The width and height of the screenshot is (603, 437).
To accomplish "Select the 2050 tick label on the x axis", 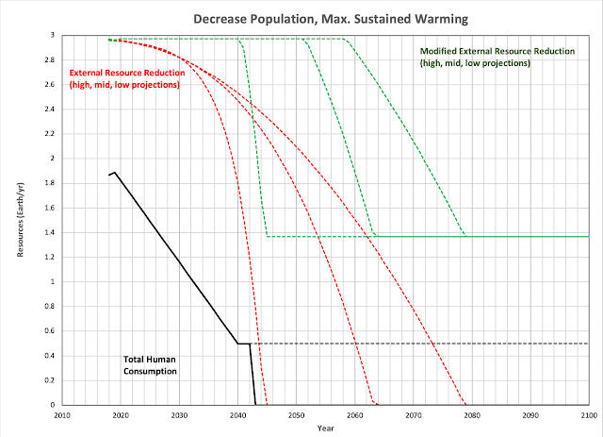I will coord(296,414).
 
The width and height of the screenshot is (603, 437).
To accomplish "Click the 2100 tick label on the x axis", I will coord(588,414).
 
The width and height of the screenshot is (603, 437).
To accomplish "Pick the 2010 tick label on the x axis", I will coord(62,414).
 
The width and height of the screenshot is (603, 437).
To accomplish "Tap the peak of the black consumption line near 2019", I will coord(115,173).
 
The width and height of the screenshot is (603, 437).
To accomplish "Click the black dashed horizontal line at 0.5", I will coord(424,344).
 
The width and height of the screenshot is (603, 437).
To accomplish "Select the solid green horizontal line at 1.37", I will coord(471,236).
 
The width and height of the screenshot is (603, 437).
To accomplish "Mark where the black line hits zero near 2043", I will coord(255,405).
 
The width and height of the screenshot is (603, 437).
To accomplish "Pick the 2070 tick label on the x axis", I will coord(413,414).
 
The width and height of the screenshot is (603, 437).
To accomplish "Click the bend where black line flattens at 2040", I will coord(237,344).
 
